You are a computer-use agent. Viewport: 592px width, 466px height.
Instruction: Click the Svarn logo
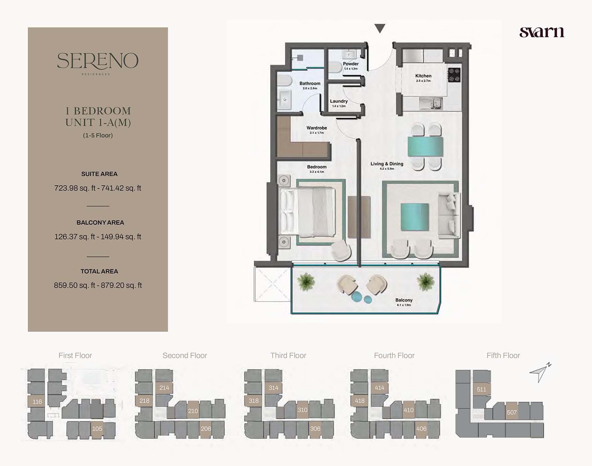[542, 32]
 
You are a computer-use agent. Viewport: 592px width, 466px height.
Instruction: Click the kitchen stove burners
[454, 75]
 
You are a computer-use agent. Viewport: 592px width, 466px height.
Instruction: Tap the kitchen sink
[431, 103]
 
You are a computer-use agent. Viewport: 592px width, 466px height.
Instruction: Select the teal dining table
[426, 146]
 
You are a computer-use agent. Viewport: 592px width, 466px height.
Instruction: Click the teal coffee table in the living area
[415, 217]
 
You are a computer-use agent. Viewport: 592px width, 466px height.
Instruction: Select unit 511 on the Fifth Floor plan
[482, 389]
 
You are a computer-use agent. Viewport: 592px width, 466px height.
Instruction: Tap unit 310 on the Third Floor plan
[302, 410]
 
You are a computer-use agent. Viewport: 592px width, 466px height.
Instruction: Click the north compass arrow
[540, 372]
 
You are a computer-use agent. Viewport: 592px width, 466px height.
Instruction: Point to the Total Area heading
[99, 271]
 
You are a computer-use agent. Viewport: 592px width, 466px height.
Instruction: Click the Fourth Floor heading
[394, 356]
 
